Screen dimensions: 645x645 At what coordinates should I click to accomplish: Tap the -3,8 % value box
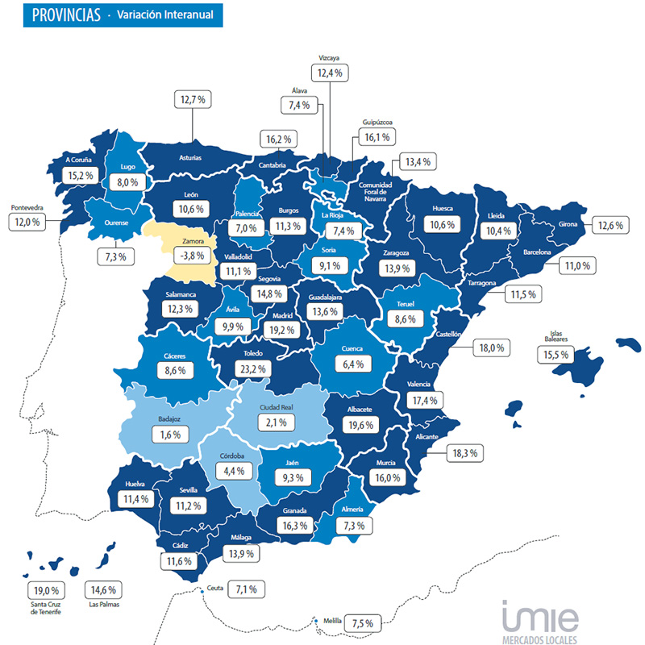191,256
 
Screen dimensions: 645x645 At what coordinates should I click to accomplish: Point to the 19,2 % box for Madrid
284,329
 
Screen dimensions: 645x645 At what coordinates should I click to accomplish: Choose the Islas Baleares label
556,336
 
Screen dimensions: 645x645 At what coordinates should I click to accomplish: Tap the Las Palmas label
106,604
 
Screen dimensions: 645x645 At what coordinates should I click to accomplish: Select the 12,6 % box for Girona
609,225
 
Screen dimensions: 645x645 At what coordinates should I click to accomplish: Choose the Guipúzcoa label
377,123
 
